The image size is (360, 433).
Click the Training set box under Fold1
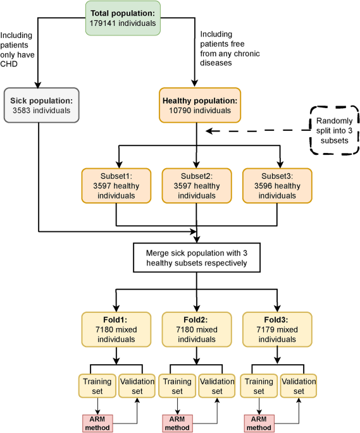[96, 386]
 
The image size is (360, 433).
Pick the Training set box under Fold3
[258, 386]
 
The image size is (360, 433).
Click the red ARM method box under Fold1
[96, 422]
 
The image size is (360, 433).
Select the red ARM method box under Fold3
[258, 422]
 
